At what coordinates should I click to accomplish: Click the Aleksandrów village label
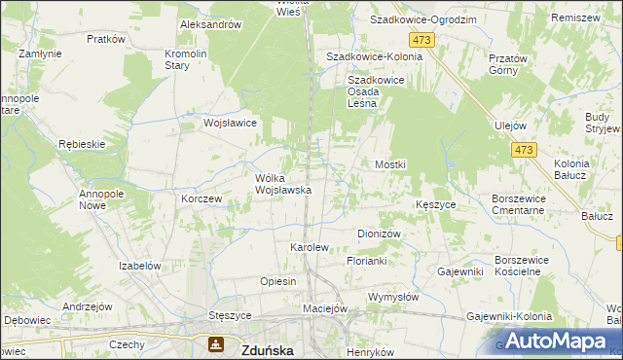pos(210,24)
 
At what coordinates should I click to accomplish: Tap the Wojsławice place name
pos(230,124)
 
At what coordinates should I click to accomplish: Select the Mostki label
pos(390,165)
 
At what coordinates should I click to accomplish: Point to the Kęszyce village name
pos(436,205)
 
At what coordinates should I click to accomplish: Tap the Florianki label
pos(368,262)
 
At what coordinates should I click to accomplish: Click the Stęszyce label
pos(231,316)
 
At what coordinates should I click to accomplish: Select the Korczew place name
pos(202,198)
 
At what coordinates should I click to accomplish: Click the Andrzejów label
pos(83,306)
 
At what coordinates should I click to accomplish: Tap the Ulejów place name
pos(510,126)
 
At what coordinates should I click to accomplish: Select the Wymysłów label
pos(392,297)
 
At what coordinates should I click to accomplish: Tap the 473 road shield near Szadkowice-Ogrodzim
pos(421,40)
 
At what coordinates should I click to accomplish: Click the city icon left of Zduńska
pos(214,344)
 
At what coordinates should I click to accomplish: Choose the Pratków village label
pos(106,40)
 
